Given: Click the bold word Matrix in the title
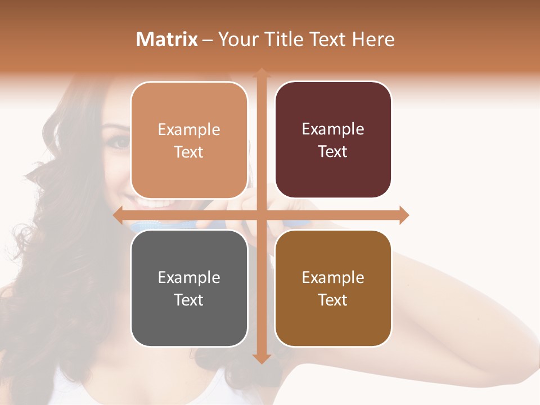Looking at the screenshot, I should [167, 39].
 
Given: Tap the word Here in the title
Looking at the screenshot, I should [373, 39].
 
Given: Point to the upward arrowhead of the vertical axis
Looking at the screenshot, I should [261, 73].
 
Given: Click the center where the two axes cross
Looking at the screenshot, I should [261, 215].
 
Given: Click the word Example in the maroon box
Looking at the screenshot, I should [333, 129].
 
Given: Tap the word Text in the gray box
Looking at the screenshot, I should [188, 300].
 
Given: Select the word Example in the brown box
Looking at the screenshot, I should [333, 277].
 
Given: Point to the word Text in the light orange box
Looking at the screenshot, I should [188, 152].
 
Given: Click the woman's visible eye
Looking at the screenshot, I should [119, 142].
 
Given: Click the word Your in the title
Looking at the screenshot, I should [237, 39].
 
